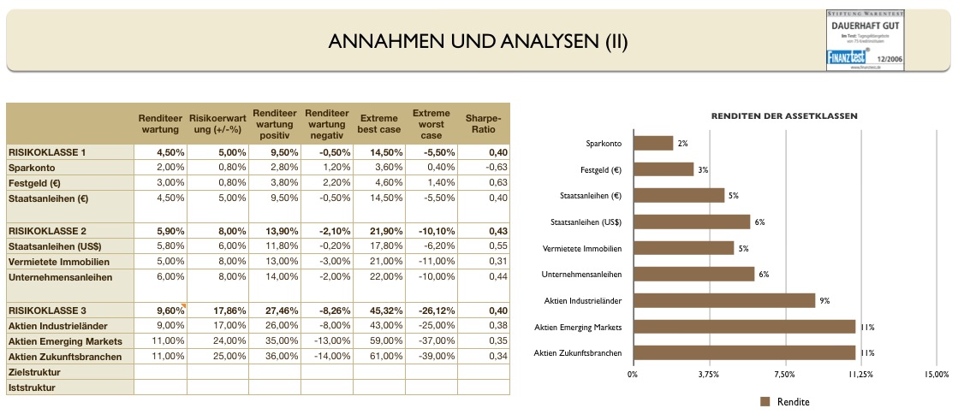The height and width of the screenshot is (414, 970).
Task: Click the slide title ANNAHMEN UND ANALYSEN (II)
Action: pos(479,42)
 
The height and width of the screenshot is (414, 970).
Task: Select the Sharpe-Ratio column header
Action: pos(483,124)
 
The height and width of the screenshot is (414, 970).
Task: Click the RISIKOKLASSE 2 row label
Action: pos(47,231)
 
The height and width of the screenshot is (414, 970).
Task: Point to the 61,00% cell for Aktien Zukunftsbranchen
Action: pos(381,357)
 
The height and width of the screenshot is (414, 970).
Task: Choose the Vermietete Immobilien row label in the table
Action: pos(59,262)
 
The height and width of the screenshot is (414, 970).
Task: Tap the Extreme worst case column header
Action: pos(431,124)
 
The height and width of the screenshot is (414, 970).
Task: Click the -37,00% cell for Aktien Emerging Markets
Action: pos(433,341)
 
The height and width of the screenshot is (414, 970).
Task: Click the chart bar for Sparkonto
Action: pos(653,143)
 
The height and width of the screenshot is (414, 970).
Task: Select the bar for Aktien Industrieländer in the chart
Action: pos(724,300)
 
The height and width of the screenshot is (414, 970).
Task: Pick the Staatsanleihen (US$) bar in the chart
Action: pos(692,222)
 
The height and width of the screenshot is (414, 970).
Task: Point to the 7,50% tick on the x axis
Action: pos(784,374)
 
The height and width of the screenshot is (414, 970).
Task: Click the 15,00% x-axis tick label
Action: pos(936,374)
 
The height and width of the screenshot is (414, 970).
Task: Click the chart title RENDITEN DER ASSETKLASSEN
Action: pos(784,115)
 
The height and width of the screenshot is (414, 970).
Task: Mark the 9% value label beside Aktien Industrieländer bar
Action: pos(824,300)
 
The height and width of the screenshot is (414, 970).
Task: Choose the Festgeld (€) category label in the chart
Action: pos(601,169)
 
